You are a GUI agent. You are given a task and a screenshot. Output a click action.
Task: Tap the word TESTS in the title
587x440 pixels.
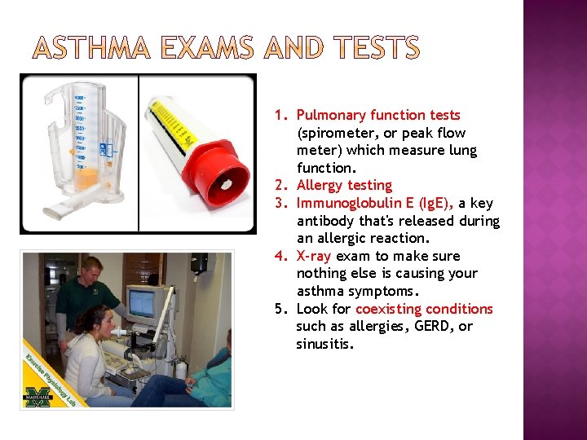click(x=373, y=50)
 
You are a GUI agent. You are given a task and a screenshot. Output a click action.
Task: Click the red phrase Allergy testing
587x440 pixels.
click(x=344, y=186)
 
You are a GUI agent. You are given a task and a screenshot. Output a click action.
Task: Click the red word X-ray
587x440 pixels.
click(x=315, y=256)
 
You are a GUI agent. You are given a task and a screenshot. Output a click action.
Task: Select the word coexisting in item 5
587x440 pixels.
click(x=386, y=309)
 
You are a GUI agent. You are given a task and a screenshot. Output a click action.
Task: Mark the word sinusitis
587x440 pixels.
click(x=324, y=344)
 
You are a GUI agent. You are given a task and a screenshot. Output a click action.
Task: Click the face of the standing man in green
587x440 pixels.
click(x=92, y=271)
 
